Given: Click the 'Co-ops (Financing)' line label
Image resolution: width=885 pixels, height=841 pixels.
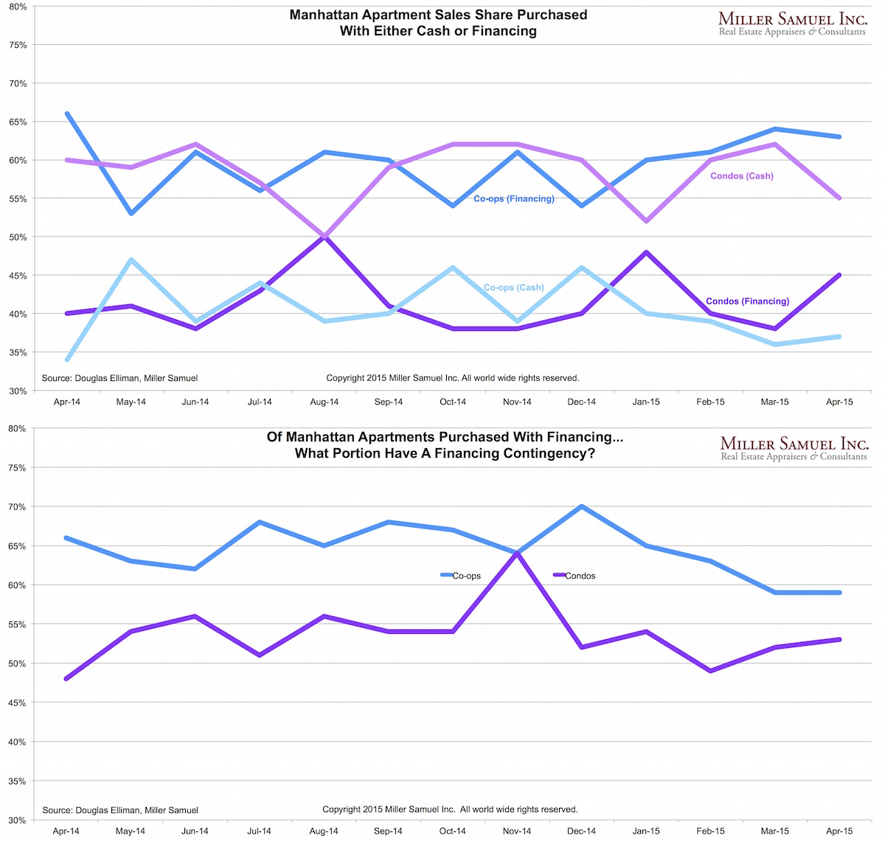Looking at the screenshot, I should (x=513, y=198).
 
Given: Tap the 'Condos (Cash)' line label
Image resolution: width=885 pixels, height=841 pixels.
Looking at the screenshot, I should (x=741, y=176).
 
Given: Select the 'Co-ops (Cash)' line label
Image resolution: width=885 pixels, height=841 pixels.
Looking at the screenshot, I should (x=513, y=287).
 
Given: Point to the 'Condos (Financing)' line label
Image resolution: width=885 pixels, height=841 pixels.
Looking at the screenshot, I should (x=747, y=301).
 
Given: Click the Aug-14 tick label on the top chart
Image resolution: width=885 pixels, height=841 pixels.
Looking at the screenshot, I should (x=324, y=402).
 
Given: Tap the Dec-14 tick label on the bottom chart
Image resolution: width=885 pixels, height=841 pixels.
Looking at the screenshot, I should (x=581, y=831).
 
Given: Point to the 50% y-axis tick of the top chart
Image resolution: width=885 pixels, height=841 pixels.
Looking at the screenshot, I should (x=18, y=237).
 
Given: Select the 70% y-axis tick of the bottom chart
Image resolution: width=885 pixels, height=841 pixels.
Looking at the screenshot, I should (x=18, y=507).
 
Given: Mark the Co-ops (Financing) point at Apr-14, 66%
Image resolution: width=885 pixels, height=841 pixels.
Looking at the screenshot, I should (x=67, y=114).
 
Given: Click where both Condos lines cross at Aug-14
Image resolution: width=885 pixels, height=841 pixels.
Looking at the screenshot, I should (x=324, y=237).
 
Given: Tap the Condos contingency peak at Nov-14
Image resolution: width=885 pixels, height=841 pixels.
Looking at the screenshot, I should (x=518, y=553).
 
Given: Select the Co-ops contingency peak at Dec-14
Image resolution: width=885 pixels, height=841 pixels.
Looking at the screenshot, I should (x=582, y=506).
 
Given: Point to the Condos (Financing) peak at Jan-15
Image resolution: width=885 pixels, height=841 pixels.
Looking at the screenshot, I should (x=646, y=252).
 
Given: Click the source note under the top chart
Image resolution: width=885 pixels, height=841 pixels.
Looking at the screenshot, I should (x=119, y=378).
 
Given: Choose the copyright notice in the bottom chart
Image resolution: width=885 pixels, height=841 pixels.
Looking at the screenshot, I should (x=450, y=809).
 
